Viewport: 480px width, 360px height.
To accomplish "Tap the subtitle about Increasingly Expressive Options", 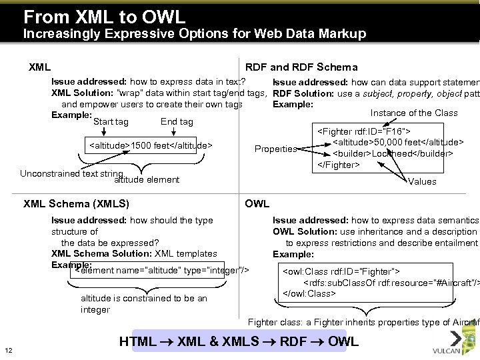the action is click(x=195, y=34).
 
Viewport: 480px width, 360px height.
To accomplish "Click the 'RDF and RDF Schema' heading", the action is click(x=301, y=67).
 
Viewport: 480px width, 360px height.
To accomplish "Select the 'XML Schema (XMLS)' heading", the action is click(x=76, y=203).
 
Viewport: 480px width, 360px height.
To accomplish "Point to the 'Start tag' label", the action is click(x=111, y=122).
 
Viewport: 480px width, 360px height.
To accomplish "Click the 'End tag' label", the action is click(x=177, y=122).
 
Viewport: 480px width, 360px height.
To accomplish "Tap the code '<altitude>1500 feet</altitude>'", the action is click(x=151, y=145).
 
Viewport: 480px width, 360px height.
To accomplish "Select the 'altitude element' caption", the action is click(x=147, y=179).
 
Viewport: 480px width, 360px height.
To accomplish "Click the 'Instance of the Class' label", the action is click(x=414, y=113).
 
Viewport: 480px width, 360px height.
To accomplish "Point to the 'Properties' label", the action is click(x=275, y=149).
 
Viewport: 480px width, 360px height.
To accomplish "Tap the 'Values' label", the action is click(x=422, y=181).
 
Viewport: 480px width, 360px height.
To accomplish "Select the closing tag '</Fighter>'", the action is click(x=338, y=165).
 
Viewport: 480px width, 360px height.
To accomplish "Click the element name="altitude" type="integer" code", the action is click(x=162, y=270).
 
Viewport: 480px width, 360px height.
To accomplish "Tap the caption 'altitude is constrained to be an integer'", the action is click(x=143, y=304).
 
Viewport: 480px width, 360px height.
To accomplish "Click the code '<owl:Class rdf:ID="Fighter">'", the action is click(x=341, y=272).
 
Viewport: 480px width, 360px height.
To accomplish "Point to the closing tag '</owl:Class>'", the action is click(x=309, y=293).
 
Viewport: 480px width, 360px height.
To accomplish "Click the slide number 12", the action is click(x=9, y=351).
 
